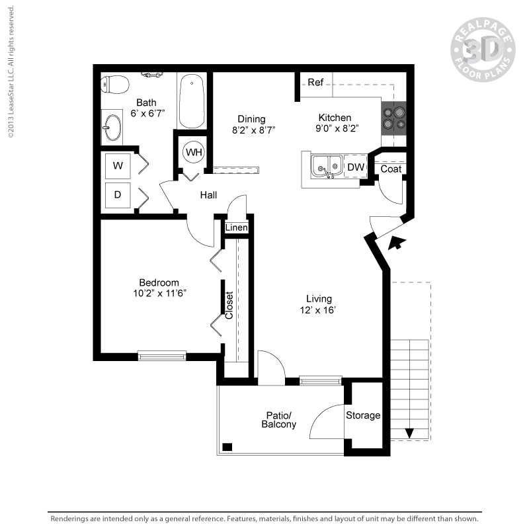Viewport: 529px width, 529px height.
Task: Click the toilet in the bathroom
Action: pyautogui.click(x=115, y=85)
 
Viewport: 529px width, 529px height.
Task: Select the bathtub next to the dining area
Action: pyautogui.click(x=192, y=102)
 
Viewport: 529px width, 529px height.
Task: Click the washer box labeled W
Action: pyautogui.click(x=118, y=165)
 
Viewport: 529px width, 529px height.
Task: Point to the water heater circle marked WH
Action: pyautogui.click(x=193, y=153)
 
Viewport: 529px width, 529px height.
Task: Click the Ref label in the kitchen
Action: pyautogui.click(x=315, y=83)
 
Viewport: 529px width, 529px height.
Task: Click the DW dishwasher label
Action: pyautogui.click(x=355, y=167)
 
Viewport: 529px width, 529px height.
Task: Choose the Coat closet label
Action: pyautogui.click(x=391, y=169)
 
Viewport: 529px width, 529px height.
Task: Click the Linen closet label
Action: pyautogui.click(x=236, y=227)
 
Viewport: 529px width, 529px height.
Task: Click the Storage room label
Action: pyautogui.click(x=363, y=415)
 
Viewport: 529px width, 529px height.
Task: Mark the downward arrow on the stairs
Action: pyautogui.click(x=409, y=433)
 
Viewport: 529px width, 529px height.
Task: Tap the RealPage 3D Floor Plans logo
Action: pyautogui.click(x=483, y=50)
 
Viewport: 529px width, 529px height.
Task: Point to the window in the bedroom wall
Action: pyautogui.click(x=162, y=356)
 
